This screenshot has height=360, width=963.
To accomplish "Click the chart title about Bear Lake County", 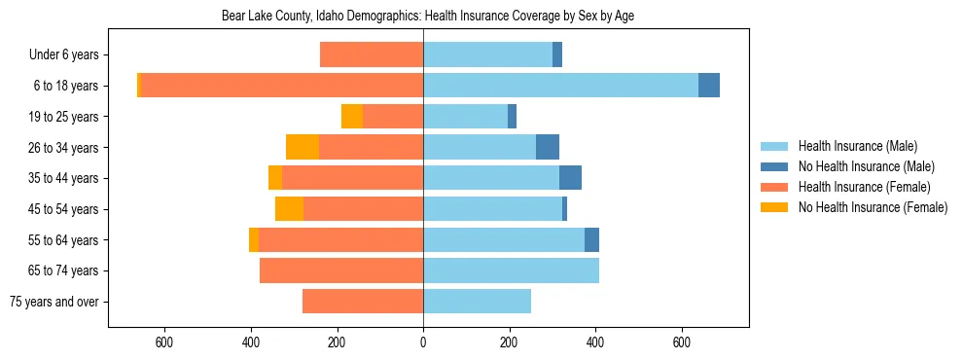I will click(x=428, y=17).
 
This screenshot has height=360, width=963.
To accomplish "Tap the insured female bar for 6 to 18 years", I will click(x=282, y=86).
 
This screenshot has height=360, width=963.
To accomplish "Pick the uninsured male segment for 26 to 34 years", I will click(x=548, y=147).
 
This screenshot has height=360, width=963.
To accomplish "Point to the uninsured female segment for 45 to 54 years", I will click(x=289, y=208).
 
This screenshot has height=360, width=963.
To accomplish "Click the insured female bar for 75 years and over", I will click(x=363, y=302).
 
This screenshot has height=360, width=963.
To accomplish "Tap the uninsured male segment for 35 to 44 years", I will click(x=570, y=178).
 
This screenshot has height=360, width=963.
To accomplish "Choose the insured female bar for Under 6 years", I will click(x=372, y=54).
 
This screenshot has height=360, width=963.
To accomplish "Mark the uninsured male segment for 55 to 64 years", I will click(x=591, y=239).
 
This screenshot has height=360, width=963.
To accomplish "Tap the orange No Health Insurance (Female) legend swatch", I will click(x=774, y=207).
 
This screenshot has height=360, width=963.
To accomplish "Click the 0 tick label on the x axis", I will click(x=423, y=342).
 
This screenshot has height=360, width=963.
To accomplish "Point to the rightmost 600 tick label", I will click(x=682, y=342).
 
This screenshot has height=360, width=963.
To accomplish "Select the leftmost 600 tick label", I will click(x=164, y=342).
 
